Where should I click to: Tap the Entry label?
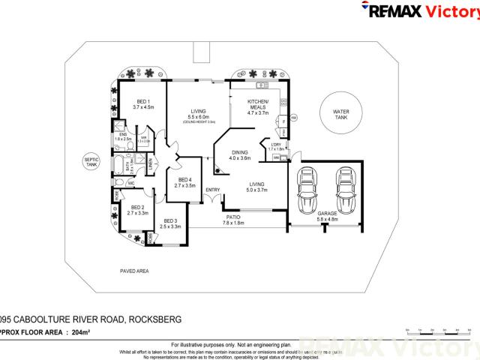212,189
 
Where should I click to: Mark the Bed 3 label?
171,223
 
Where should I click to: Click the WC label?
130,182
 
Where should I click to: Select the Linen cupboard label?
150,162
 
